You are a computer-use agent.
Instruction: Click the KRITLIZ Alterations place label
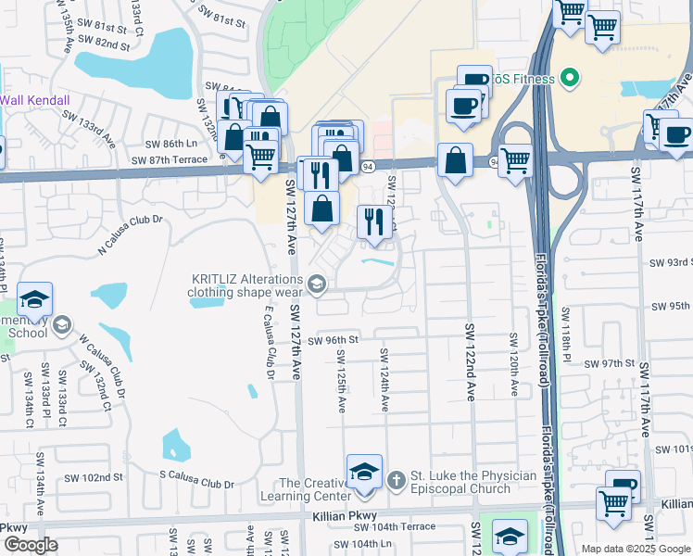246,284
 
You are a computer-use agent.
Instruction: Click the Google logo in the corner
31,545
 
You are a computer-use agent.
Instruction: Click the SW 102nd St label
94,477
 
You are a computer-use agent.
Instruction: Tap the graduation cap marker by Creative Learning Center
364,472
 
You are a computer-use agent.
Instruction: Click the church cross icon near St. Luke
396,479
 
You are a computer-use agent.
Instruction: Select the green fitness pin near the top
571,79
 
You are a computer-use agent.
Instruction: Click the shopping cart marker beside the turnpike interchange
514,160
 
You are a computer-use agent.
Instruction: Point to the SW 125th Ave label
342,381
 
